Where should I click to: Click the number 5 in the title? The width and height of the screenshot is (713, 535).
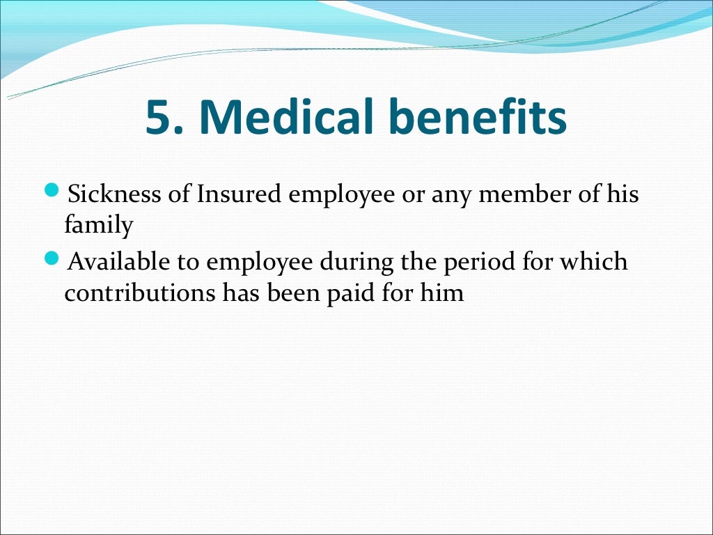159,118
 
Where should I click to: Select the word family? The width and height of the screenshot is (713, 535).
98,225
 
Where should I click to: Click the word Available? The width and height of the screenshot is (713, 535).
120,263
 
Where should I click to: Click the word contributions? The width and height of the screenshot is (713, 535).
141,293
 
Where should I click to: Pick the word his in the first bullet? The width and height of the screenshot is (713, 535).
622,194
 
